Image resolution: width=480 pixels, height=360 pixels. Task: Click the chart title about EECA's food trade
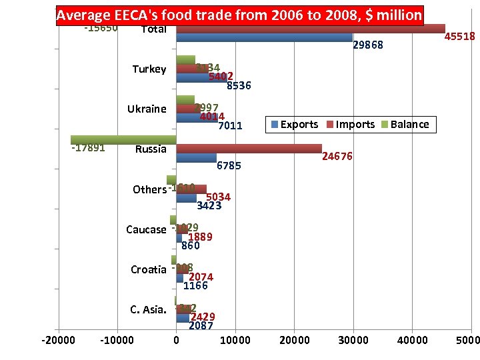[239, 15]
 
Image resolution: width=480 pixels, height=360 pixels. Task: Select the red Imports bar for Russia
[249, 149]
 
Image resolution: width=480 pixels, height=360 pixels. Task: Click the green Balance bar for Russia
[123, 139]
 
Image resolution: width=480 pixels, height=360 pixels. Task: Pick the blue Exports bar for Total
[264, 38]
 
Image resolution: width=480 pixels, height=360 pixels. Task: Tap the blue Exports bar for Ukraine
[197, 118]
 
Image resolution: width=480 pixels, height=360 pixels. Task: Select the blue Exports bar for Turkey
[201, 78]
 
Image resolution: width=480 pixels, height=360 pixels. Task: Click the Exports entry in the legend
[294, 124]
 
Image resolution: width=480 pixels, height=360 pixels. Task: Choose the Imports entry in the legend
[350, 124]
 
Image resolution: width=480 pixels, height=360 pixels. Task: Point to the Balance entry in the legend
[405, 124]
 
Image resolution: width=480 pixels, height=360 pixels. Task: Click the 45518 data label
[459, 37]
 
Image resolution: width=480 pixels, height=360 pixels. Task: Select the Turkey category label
[149, 69]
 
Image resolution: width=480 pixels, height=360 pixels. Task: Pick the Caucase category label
[146, 229]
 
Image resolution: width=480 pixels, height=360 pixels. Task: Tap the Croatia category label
[148, 269]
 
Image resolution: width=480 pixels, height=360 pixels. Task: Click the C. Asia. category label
[147, 309]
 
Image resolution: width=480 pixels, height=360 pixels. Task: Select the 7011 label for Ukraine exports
[230, 125]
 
